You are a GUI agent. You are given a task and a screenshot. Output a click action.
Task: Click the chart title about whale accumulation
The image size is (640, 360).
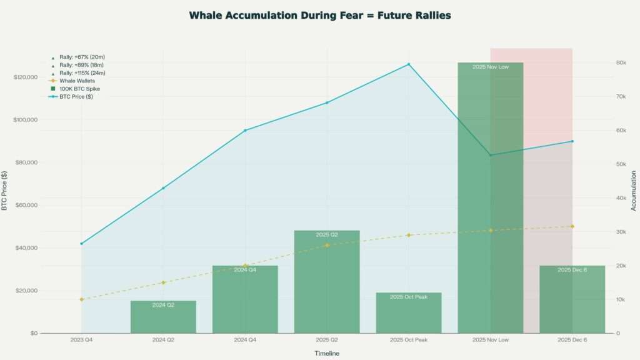click(320, 15)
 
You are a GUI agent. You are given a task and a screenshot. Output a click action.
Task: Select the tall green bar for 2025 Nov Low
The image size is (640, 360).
click(490, 200)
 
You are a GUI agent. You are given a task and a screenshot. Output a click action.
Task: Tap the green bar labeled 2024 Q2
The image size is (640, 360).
click(163, 317)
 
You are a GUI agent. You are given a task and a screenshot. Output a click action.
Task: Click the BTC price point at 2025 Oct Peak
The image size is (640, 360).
click(409, 64)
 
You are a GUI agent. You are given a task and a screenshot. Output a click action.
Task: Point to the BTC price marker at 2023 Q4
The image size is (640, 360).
click(81, 243)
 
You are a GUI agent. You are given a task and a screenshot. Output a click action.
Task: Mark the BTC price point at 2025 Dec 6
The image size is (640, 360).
click(572, 141)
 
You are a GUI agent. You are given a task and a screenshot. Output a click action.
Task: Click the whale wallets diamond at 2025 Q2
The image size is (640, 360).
click(327, 245)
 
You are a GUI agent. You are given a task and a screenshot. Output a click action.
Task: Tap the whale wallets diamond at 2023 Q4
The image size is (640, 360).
click(81, 299)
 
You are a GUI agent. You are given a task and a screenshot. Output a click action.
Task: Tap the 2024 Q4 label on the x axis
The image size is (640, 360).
click(245, 339)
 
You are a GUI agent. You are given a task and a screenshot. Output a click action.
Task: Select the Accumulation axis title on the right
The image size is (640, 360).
click(633, 190)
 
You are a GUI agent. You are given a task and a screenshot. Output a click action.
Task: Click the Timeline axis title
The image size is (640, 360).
click(327, 354)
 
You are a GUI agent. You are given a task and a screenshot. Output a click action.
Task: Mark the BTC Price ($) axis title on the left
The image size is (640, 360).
click(6, 190)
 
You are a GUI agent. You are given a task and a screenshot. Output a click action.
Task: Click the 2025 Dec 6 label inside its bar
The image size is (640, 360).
click(572, 269)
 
